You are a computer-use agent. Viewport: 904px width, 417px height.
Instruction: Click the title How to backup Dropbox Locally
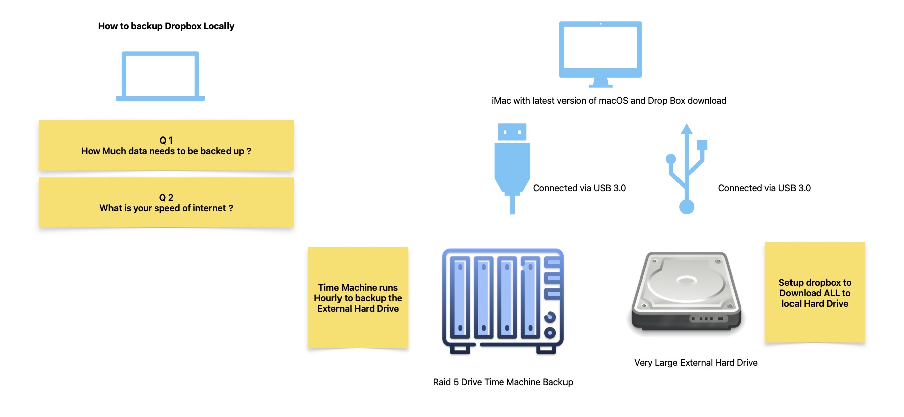point(166,26)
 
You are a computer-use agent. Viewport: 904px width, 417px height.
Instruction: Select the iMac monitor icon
point(601,54)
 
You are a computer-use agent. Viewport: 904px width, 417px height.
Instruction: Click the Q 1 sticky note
point(166,146)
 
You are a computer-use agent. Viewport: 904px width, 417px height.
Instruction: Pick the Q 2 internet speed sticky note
point(166,203)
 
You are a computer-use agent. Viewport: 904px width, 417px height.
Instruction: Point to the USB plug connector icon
point(512,169)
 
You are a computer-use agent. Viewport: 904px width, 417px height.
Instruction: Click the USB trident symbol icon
point(687,169)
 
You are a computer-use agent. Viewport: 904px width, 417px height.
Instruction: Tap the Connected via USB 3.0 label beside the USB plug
point(580,188)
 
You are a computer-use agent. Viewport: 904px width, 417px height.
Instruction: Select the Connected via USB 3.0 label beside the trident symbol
point(764,188)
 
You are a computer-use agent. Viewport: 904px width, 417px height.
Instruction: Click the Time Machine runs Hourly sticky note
point(358,298)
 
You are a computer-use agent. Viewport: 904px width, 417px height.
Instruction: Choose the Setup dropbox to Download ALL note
point(815,293)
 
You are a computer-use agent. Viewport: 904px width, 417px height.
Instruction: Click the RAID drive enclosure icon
point(503,302)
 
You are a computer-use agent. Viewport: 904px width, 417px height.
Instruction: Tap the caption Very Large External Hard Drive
point(696,363)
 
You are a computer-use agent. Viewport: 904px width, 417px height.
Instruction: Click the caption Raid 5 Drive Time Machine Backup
point(503,382)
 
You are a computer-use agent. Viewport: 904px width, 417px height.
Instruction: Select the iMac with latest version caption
point(609,101)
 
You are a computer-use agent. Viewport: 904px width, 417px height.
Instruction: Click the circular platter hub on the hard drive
point(686,280)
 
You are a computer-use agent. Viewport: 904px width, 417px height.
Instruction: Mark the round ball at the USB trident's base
point(687,207)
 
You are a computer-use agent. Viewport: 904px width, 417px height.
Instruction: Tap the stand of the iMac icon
point(601,82)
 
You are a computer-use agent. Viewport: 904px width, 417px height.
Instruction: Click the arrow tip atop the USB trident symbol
point(687,124)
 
